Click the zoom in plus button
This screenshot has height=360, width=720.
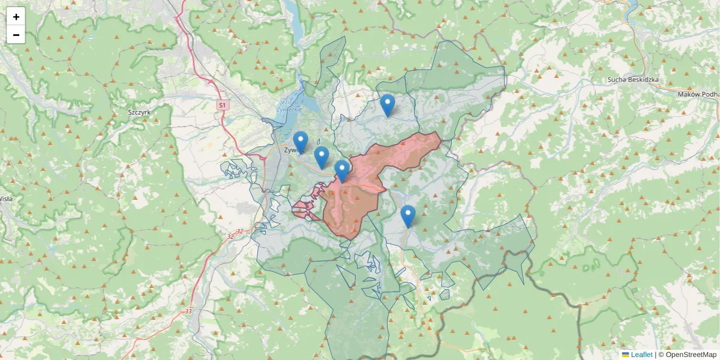pyautogui.click(x=16, y=17)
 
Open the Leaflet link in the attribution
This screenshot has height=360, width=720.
pyautogui.click(x=641, y=355)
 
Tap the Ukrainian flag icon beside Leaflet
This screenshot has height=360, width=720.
pyautogui.click(x=626, y=355)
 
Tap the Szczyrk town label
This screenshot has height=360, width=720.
pyautogui.click(x=139, y=112)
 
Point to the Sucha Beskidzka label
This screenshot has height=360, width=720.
pyautogui.click(x=633, y=79)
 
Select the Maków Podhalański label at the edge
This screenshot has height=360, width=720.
pyautogui.click(x=698, y=94)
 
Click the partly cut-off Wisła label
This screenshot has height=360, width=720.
pyautogui.click(x=5, y=198)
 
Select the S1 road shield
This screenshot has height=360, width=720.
pyautogui.click(x=223, y=105)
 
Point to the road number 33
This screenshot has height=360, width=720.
pyautogui.click(x=188, y=311)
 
